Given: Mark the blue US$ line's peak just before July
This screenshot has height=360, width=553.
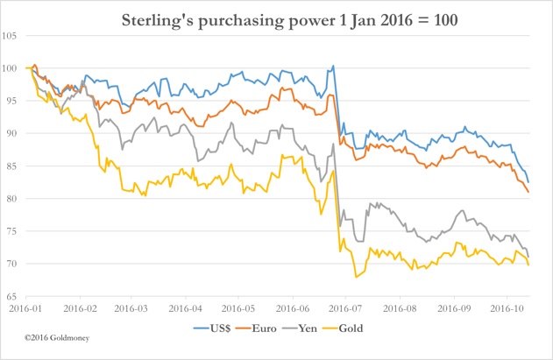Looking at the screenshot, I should click(x=333, y=66).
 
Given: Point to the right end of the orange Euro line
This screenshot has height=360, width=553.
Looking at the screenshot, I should click(x=528, y=191).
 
